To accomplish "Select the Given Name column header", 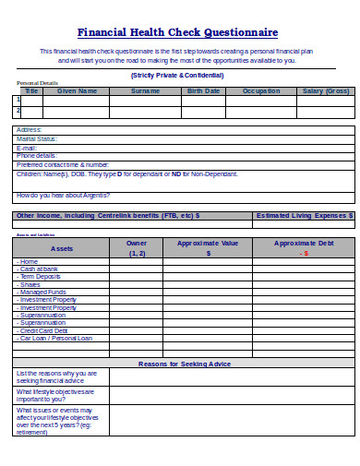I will [x=77, y=91].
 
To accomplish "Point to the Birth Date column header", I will [x=204, y=91].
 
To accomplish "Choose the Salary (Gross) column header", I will [x=325, y=91].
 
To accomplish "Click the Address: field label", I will [x=30, y=130].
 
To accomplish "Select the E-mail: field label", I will [x=27, y=148].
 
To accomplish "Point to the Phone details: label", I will [x=37, y=156].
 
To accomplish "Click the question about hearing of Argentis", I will [x=63, y=196].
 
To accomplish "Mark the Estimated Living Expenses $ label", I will [x=305, y=215].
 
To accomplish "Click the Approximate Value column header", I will [x=208, y=243].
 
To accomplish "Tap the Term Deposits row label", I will [x=41, y=277].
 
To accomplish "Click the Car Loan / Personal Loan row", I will [x=56, y=338].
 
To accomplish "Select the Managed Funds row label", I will [x=43, y=292].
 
